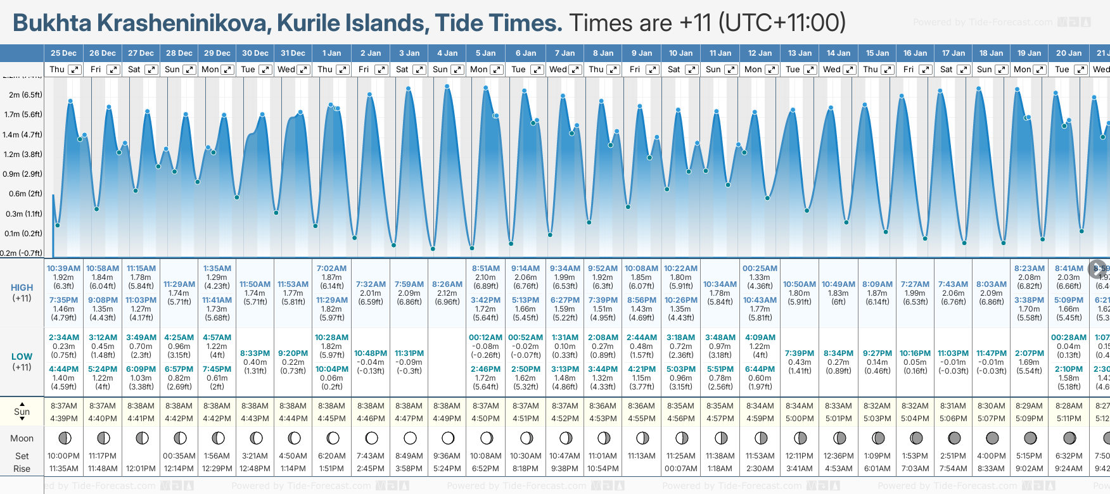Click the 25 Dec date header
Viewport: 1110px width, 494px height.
[x=63, y=53]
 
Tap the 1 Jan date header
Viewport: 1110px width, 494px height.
[x=331, y=53]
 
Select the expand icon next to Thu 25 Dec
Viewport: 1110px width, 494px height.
[x=75, y=70]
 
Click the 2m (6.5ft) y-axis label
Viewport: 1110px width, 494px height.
[x=25, y=95]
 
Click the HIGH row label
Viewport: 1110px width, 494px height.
[x=22, y=288]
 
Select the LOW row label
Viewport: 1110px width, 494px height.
[x=22, y=357]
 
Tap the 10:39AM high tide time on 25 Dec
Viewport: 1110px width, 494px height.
[x=63, y=269]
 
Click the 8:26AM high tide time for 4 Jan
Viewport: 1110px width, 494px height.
[x=447, y=284]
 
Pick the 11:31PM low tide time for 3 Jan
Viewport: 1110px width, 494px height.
[x=409, y=353]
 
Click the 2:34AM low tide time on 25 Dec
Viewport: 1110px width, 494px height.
[x=63, y=338]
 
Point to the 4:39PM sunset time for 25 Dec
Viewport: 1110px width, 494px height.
[x=63, y=419]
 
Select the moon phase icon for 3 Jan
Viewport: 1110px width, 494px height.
[x=410, y=438]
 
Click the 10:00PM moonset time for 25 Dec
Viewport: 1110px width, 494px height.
[x=63, y=456]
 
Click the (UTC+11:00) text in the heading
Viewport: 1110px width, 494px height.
[x=782, y=23]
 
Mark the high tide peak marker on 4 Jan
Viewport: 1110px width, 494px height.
[x=447, y=86]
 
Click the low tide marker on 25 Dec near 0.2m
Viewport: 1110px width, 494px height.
[x=58, y=225]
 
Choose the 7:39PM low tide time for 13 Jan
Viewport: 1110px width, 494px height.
[x=800, y=353]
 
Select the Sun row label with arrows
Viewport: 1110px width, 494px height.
[x=22, y=411]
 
